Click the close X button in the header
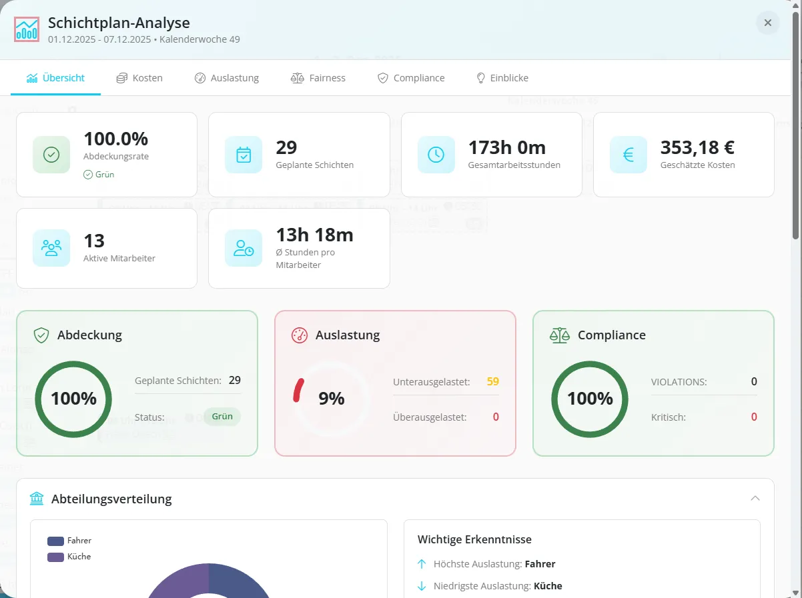[x=767, y=23]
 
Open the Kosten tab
[x=139, y=78]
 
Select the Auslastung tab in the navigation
[x=227, y=78]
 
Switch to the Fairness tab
[x=318, y=78]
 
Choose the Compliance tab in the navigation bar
[x=411, y=78]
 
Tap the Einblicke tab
[x=502, y=78]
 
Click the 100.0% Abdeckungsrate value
[x=115, y=139]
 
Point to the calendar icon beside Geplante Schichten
[x=244, y=155]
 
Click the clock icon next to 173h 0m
[x=436, y=155]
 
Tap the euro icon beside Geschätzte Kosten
[x=628, y=155]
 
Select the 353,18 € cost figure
[x=697, y=147]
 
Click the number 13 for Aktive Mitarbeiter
[x=94, y=241]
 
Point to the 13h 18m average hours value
[x=314, y=235]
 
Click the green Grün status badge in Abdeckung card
[x=222, y=417]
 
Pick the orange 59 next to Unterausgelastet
[x=492, y=381]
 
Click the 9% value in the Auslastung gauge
[x=331, y=399]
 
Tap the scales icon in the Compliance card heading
[x=559, y=335]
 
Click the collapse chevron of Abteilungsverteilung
[x=755, y=498]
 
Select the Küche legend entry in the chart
[x=69, y=557]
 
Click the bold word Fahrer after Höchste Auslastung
[x=540, y=564]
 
